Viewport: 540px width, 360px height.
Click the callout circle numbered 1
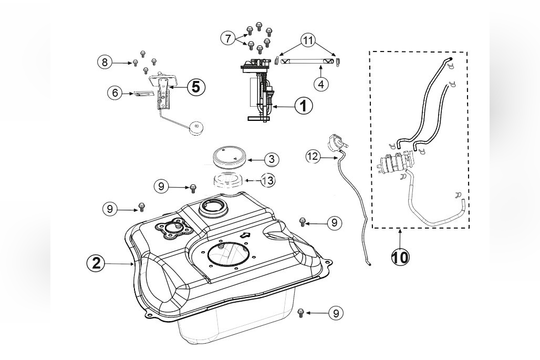pyautogui.click(x=303, y=106)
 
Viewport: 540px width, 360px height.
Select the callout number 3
pyautogui.click(x=272, y=159)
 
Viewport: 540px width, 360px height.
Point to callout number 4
pyautogui.click(x=321, y=84)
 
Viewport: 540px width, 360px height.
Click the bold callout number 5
pyautogui.click(x=195, y=87)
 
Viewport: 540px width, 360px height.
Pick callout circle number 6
pyautogui.click(x=115, y=92)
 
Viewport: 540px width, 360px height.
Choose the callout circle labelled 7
pyautogui.click(x=228, y=38)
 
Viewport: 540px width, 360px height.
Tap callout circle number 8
pyautogui.click(x=105, y=63)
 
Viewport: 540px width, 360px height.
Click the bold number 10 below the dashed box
pyautogui.click(x=400, y=257)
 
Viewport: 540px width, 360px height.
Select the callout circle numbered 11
pyautogui.click(x=308, y=40)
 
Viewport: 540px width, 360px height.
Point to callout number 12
pyautogui.click(x=313, y=157)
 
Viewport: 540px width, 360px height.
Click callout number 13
pyautogui.click(x=267, y=180)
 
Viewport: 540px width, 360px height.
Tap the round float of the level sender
pyautogui.click(x=196, y=128)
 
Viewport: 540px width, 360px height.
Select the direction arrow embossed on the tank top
pyautogui.click(x=245, y=235)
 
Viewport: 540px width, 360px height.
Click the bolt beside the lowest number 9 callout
pyautogui.click(x=300, y=313)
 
